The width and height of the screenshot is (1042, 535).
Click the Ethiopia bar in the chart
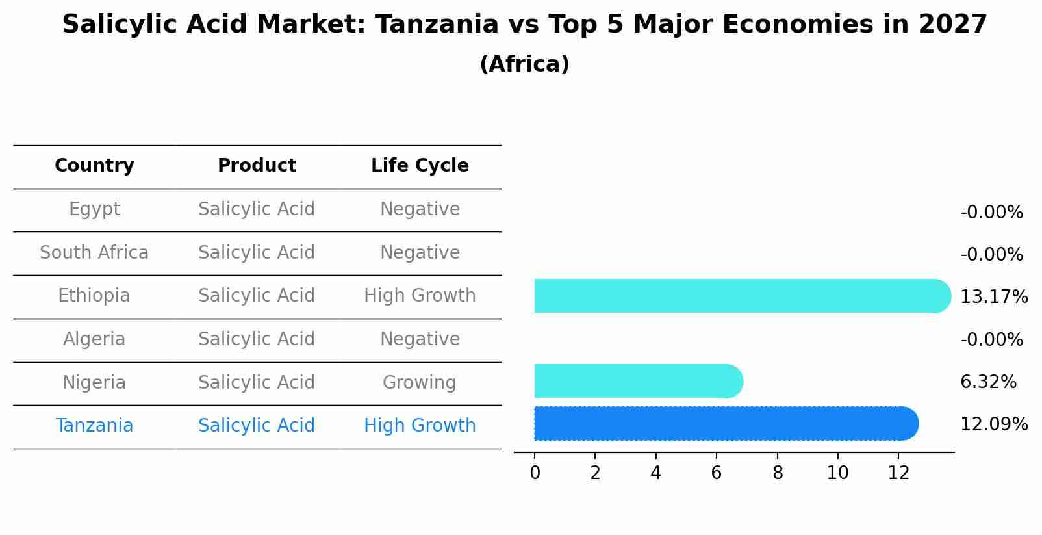click(x=741, y=296)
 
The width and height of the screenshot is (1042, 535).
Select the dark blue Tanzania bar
click(x=724, y=424)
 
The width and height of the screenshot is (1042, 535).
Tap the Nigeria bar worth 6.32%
click(x=637, y=381)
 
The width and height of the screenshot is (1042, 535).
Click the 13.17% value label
click(x=993, y=297)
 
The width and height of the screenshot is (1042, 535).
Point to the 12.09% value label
click(x=993, y=424)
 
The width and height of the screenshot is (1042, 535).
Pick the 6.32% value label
click(x=988, y=382)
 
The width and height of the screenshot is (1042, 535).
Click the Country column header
click(x=94, y=166)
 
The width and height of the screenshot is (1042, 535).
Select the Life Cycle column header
click(x=420, y=166)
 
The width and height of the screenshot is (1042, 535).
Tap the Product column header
click(x=257, y=166)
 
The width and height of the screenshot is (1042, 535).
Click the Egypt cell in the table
click(x=94, y=209)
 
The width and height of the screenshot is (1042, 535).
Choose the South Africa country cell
click(x=94, y=253)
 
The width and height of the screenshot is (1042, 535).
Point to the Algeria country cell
click(x=94, y=339)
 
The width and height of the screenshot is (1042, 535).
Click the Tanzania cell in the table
click(x=94, y=426)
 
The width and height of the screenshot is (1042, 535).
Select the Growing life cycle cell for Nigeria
click(x=420, y=383)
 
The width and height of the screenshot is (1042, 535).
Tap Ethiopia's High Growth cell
click(x=420, y=296)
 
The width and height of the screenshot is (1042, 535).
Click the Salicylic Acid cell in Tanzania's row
click(x=257, y=426)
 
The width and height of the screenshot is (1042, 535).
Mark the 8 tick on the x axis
click(x=778, y=473)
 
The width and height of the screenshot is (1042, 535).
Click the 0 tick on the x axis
click(x=535, y=473)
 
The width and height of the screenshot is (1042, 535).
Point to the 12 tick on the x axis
click(x=898, y=473)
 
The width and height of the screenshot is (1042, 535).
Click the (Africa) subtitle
click(x=524, y=64)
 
